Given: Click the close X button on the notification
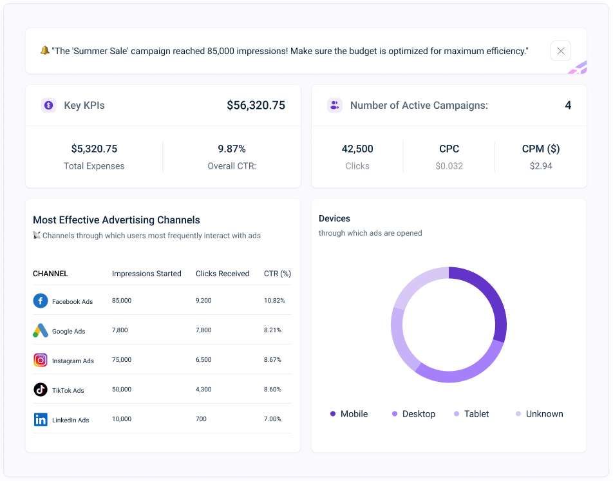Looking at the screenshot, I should [x=560, y=51].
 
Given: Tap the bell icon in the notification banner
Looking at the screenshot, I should [x=44, y=50].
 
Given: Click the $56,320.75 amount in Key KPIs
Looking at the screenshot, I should [x=256, y=105].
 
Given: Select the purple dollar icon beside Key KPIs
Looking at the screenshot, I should [x=48, y=105].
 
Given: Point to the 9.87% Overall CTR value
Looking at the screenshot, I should [x=232, y=149].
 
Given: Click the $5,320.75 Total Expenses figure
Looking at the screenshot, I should [x=94, y=149].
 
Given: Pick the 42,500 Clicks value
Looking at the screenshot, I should [x=357, y=149].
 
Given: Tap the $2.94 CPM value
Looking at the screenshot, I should [x=541, y=166].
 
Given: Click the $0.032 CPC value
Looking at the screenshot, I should [x=449, y=166].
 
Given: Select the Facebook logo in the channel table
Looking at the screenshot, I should [x=41, y=301].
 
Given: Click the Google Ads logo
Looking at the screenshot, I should [x=41, y=330].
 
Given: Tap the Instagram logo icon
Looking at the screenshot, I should [x=41, y=360].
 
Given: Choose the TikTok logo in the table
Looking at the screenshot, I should [x=41, y=390].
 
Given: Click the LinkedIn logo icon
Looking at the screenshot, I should [x=41, y=419].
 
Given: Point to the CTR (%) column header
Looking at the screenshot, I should [x=278, y=274].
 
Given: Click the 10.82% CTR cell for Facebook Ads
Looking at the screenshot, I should [x=274, y=301].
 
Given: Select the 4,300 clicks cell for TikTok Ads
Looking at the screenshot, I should [x=203, y=390].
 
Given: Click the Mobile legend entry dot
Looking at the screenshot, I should [x=333, y=414].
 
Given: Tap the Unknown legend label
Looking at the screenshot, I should [x=544, y=414].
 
